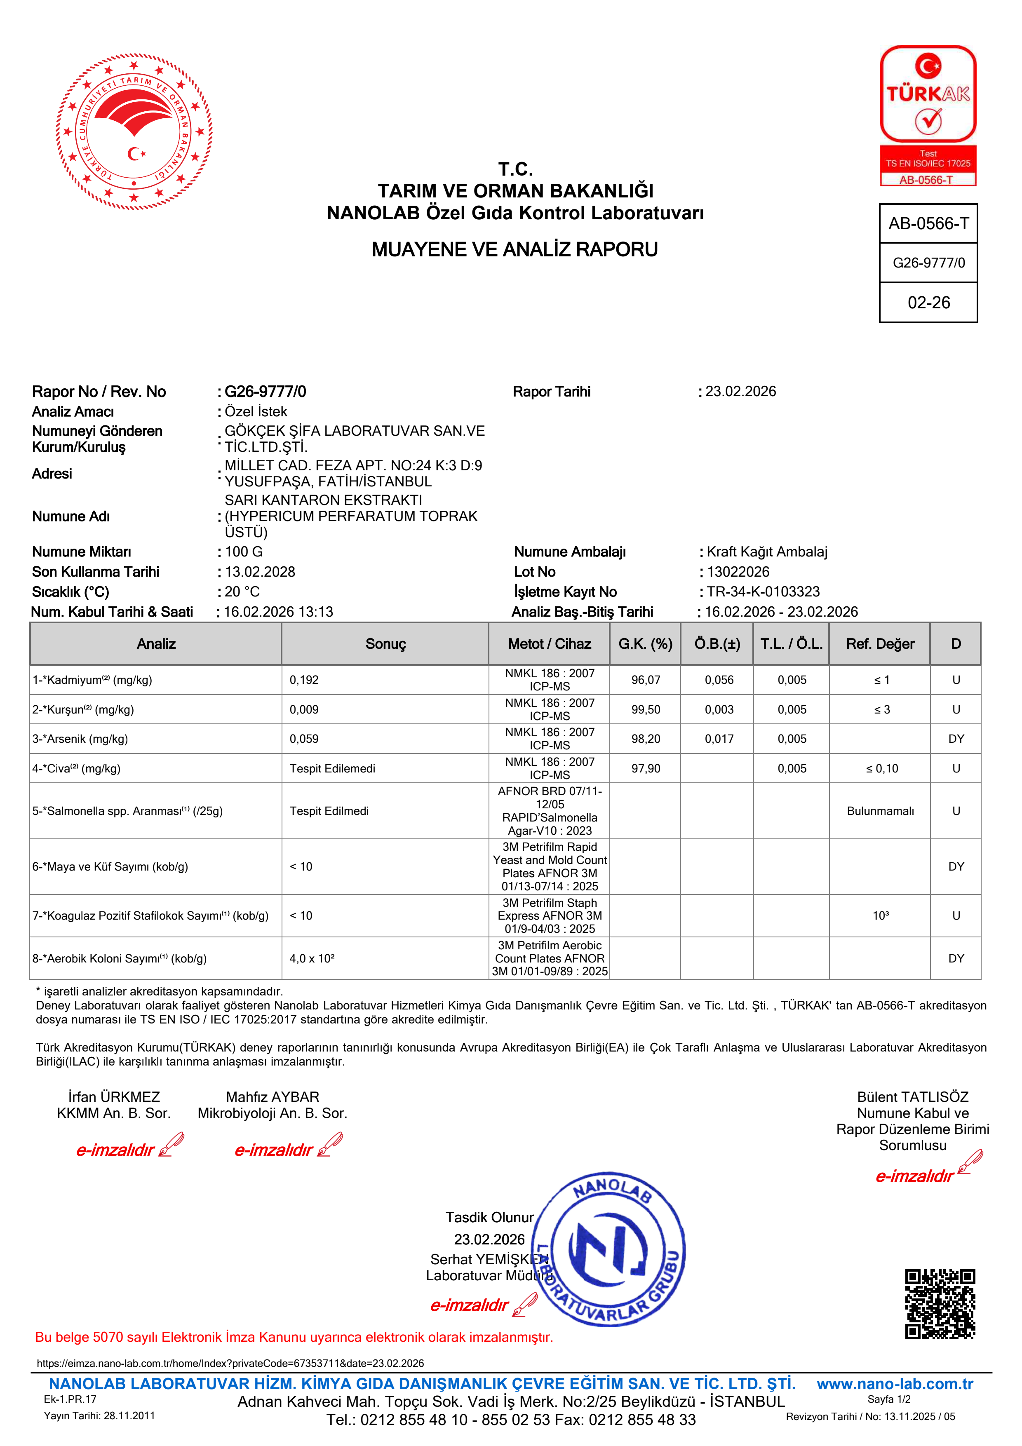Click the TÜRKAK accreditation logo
[928, 115]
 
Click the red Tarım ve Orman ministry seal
[134, 131]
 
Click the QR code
[940, 1304]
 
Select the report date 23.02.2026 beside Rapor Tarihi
[740, 392]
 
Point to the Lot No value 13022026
[738, 572]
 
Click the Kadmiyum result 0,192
[304, 680]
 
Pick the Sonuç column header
[385, 643]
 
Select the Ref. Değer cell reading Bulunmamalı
[880, 811]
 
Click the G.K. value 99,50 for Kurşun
[646, 710]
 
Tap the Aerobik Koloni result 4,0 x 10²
[312, 958]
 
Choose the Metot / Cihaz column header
[549, 643]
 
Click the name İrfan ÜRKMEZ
[114, 1097]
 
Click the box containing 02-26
[928, 303]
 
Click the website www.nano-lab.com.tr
[894, 1384]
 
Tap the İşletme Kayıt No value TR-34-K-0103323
[763, 592]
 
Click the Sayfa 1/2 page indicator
[888, 1399]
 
